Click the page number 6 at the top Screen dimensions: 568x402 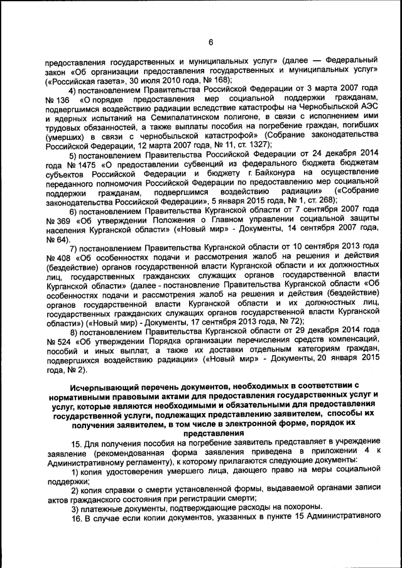coord(211,42)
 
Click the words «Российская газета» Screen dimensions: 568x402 coord(80,80)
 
